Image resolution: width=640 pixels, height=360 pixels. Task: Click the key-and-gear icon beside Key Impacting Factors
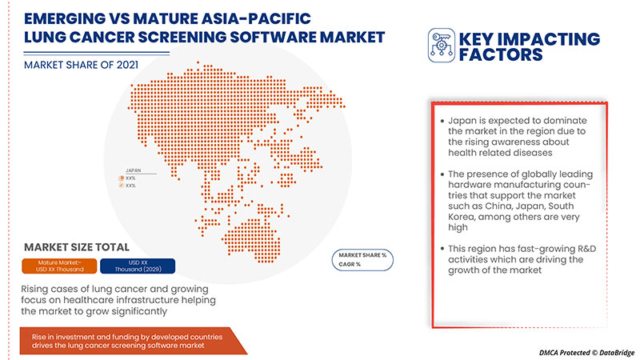tap(441, 46)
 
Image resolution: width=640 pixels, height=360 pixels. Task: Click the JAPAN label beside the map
tap(130, 170)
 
